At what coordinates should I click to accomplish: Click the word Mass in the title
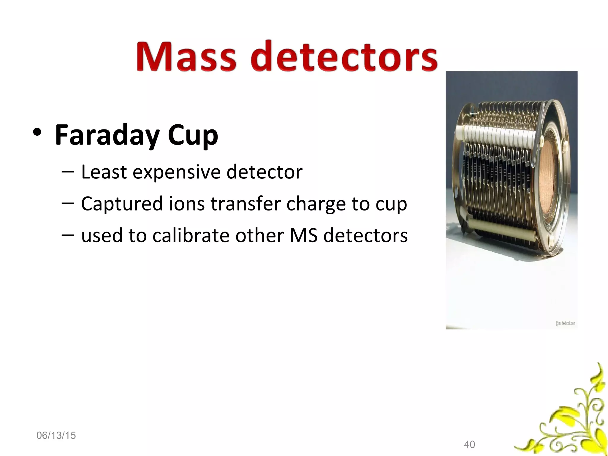pos(186,56)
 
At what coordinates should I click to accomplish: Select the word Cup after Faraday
pos(193,135)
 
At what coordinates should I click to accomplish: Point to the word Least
pos(104,172)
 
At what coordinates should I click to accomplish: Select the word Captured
pos(122,204)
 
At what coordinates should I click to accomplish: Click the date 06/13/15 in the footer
pos(56,436)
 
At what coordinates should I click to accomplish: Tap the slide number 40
pos(469,444)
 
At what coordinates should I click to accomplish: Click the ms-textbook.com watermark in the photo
pos(565,323)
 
